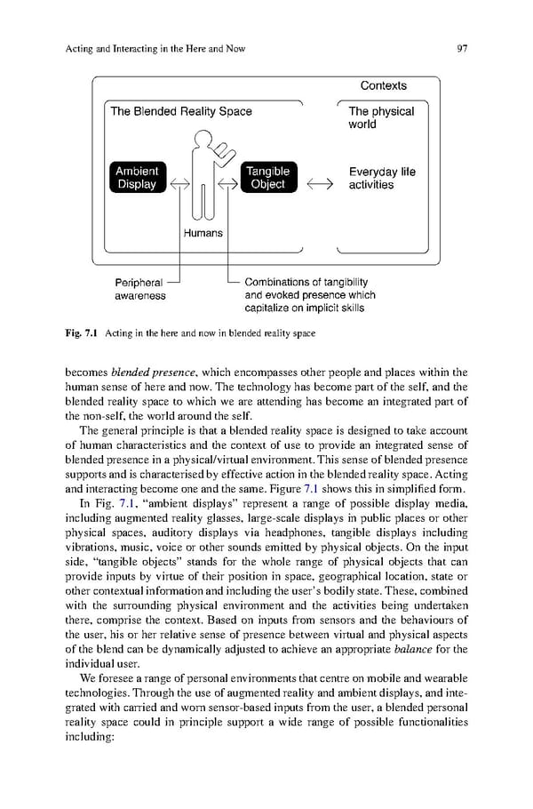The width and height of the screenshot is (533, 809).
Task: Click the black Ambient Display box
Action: point(136,178)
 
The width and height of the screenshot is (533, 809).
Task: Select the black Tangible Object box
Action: point(267,178)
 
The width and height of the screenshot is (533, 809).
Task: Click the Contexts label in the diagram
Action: point(384,86)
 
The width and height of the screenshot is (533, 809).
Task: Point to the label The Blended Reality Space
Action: point(181,112)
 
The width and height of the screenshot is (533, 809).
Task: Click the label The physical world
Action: point(381,118)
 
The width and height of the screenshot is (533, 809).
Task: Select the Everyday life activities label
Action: point(382,178)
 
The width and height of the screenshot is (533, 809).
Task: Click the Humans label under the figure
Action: point(203,233)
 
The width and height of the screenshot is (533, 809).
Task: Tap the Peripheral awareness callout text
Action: point(139,288)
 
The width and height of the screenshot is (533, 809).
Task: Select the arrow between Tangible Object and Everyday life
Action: point(320,185)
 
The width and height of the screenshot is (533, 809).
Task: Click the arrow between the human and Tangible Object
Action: point(228,185)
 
